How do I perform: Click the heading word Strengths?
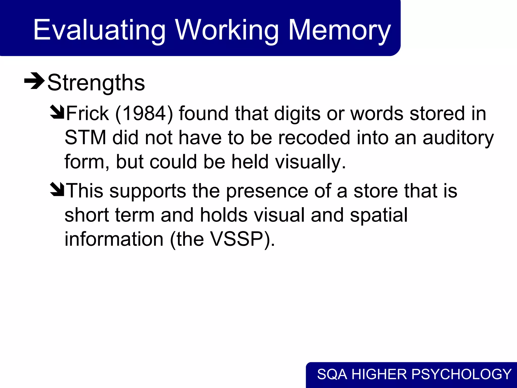coord(96,83)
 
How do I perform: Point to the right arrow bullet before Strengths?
coord(34,81)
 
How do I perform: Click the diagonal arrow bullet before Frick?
coord(57,112)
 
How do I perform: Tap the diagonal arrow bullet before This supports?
coord(57,190)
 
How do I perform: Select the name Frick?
coord(87,113)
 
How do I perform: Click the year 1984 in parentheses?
coord(144,113)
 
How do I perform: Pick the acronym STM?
coord(85,138)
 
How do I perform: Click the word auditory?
coord(458,138)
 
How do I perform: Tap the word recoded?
coord(314,138)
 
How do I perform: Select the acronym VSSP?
coord(237,239)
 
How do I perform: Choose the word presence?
coord(267,191)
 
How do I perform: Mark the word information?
coord(114,239)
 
